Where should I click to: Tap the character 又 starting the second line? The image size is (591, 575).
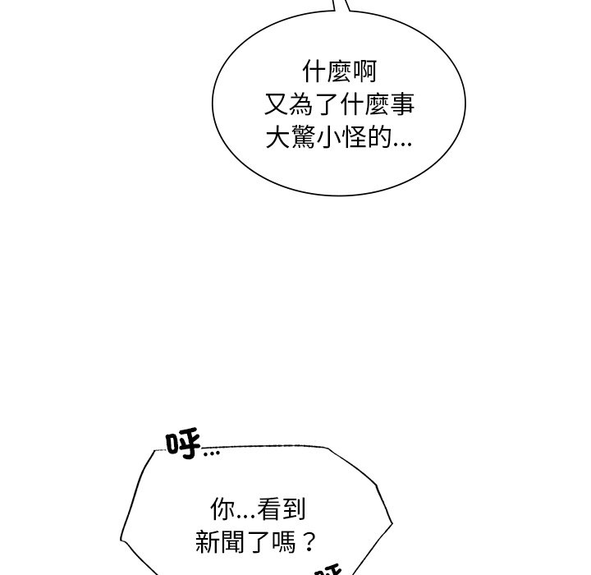pos(277,106)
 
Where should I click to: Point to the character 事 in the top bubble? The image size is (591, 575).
pos(401,106)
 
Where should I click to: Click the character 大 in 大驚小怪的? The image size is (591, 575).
pos(277,138)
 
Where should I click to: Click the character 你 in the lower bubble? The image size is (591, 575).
pos(222,510)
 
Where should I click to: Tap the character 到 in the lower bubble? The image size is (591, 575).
pos(293,510)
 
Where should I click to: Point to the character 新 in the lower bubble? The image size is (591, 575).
pos(208,542)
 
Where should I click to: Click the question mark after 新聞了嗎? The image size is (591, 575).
pos(309,542)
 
